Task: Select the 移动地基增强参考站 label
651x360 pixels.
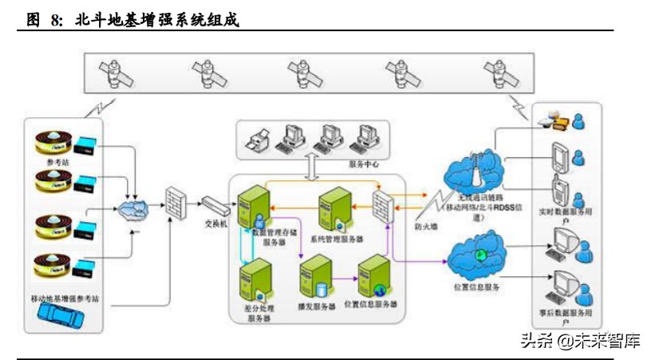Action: (x=63, y=298)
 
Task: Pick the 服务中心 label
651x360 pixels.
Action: (x=364, y=164)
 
